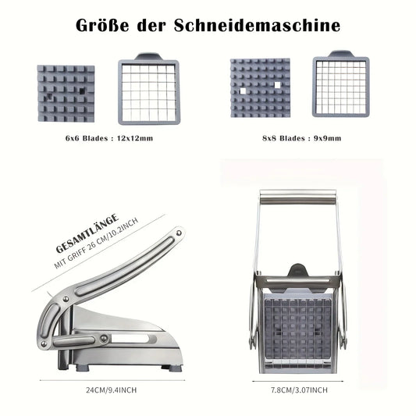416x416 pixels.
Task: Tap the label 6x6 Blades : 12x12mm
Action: pyautogui.click(x=110, y=138)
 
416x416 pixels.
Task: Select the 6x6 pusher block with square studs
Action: pyautogui.click(x=65, y=94)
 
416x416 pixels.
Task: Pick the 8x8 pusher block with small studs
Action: pyautogui.click(x=261, y=93)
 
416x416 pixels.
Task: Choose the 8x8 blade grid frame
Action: pyautogui.click(x=340, y=91)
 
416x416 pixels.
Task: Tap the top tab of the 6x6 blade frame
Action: pyautogui.click(x=146, y=57)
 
